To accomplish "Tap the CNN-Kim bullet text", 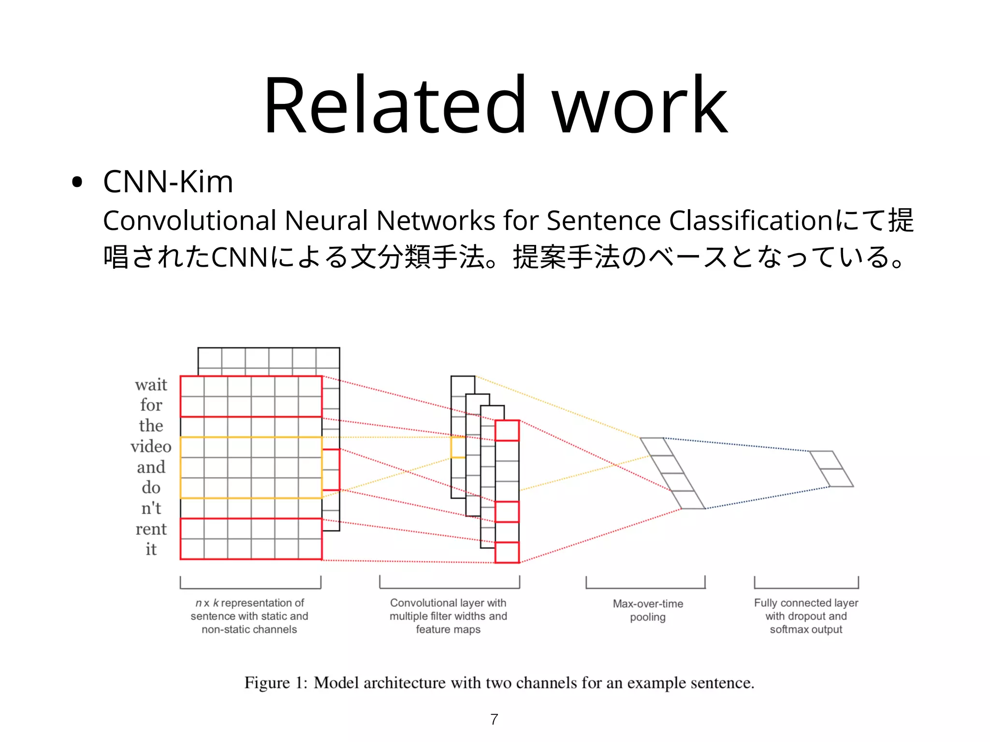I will [168, 182].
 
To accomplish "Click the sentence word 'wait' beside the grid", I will [151, 385].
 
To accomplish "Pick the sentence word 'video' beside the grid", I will [151, 446].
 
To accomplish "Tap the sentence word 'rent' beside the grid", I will [151, 529].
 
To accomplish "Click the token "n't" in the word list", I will [151, 508].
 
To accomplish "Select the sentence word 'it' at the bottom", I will [151, 549].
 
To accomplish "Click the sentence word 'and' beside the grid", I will [151, 467].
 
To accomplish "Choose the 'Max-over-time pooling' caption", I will [648, 610].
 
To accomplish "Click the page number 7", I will [494, 719].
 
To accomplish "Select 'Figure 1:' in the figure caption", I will [275, 683].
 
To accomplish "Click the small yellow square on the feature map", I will [457, 447].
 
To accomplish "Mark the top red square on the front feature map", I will [507, 430].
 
